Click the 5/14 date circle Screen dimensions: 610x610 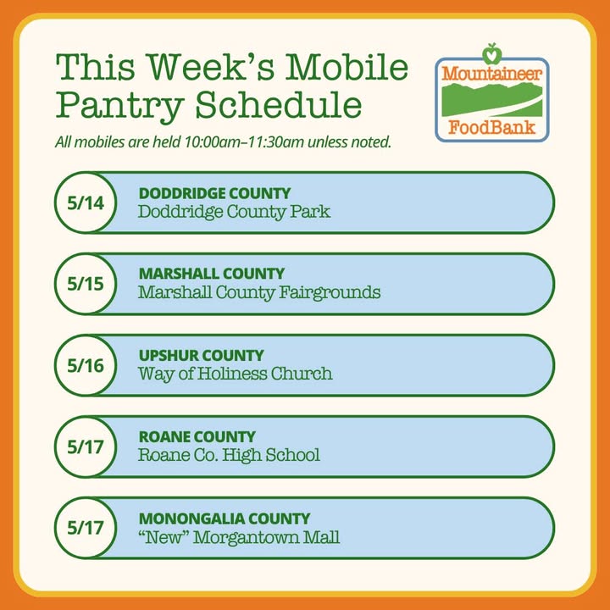[86, 202]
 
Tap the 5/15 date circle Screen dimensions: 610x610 [86, 284]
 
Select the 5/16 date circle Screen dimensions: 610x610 [86, 365]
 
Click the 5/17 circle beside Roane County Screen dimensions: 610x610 [86, 446]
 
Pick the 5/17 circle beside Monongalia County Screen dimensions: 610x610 [86, 528]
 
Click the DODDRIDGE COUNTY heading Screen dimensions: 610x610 [214, 193]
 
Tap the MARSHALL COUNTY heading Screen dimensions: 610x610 [212, 274]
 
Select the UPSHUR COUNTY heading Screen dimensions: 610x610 [201, 355]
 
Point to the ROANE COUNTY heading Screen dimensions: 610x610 [197, 436]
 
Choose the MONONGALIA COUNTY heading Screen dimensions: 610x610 [225, 518]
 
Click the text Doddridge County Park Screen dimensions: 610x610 [234, 213]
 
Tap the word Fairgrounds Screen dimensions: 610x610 [330, 293]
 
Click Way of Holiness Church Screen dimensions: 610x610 [236, 374]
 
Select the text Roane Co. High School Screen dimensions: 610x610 [229, 456]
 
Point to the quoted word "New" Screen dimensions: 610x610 [164, 537]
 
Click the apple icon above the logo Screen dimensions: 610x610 [492, 53]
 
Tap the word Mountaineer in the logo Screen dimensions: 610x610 [492, 73]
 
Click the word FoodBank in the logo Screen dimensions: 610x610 [492, 127]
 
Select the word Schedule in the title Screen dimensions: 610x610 [279, 105]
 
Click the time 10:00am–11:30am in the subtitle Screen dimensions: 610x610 [243, 142]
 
